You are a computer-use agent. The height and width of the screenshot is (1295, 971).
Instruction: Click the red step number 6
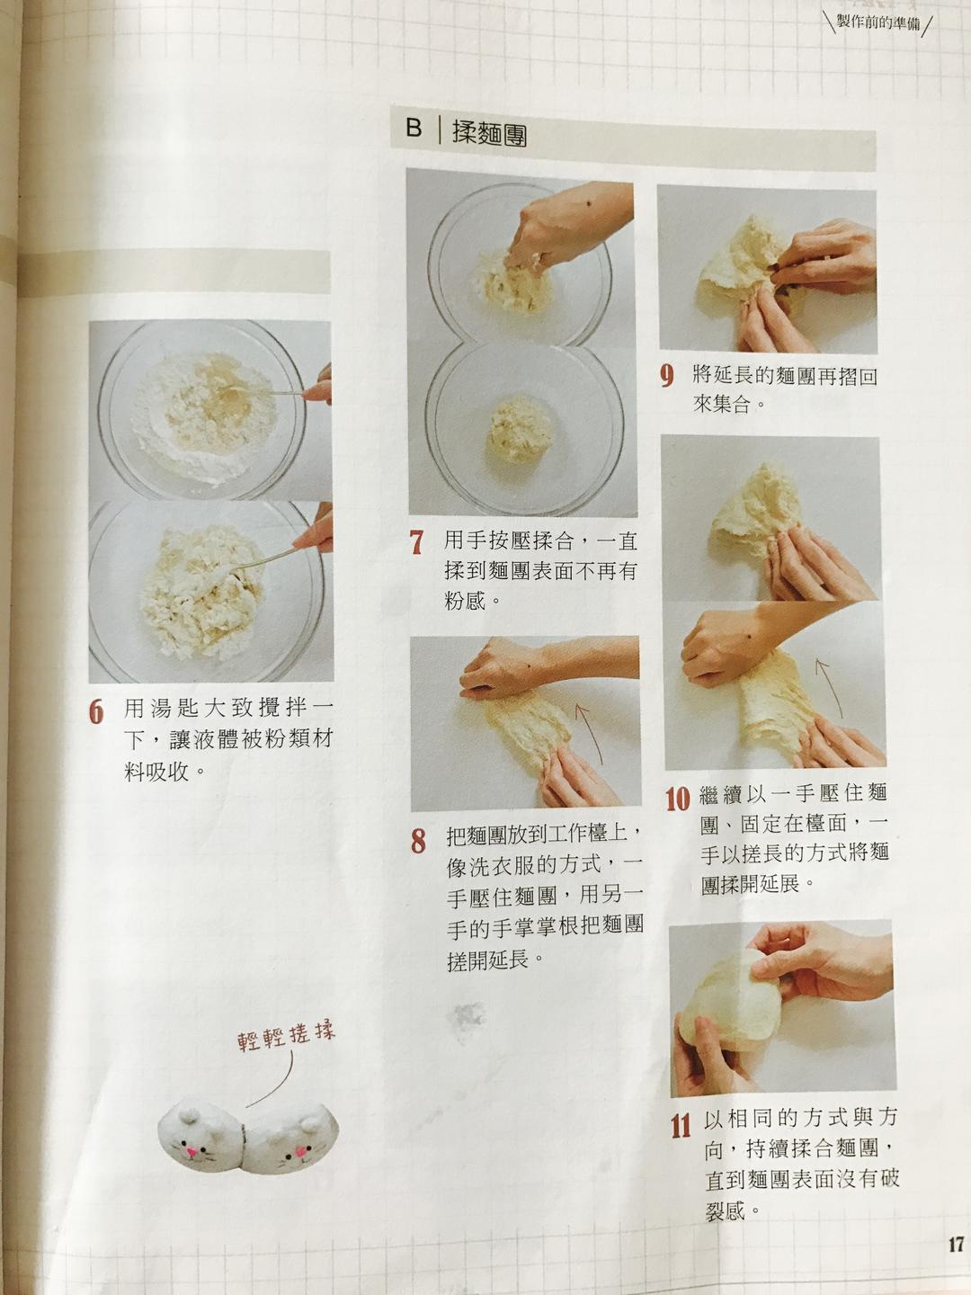(x=97, y=710)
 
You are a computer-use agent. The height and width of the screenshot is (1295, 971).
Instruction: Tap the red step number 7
(x=416, y=542)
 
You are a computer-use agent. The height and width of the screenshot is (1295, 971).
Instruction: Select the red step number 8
(x=418, y=841)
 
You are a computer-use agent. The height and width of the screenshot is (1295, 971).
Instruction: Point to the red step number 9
(x=666, y=376)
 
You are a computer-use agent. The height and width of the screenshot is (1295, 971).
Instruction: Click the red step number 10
(x=677, y=798)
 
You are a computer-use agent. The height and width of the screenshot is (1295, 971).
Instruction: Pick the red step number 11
(x=681, y=1124)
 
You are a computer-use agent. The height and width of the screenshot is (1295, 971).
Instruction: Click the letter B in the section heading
(x=414, y=129)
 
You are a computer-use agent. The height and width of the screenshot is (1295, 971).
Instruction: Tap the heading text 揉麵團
(x=489, y=133)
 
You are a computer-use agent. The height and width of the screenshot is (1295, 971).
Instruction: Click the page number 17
(x=955, y=1245)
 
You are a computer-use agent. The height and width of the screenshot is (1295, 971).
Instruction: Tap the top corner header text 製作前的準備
(x=877, y=22)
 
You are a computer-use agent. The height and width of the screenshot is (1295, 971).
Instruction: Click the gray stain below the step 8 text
(x=466, y=1021)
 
